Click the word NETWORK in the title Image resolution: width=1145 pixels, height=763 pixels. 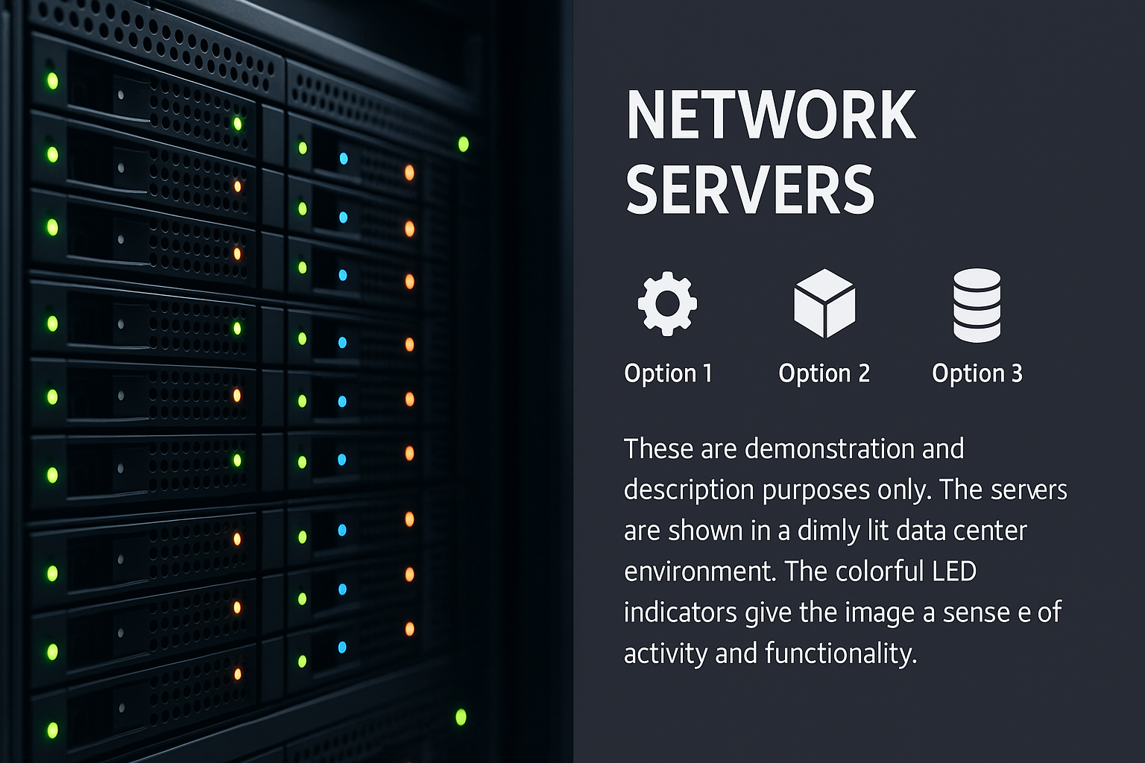(x=771, y=115)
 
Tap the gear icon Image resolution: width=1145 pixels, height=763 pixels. (x=667, y=304)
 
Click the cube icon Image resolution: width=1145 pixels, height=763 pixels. (x=824, y=304)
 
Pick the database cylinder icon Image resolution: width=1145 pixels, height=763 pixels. (x=977, y=305)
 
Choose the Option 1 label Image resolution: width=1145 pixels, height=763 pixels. (x=668, y=373)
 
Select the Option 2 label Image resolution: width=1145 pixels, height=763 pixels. (x=824, y=373)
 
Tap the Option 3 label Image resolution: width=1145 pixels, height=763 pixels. (x=977, y=373)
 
